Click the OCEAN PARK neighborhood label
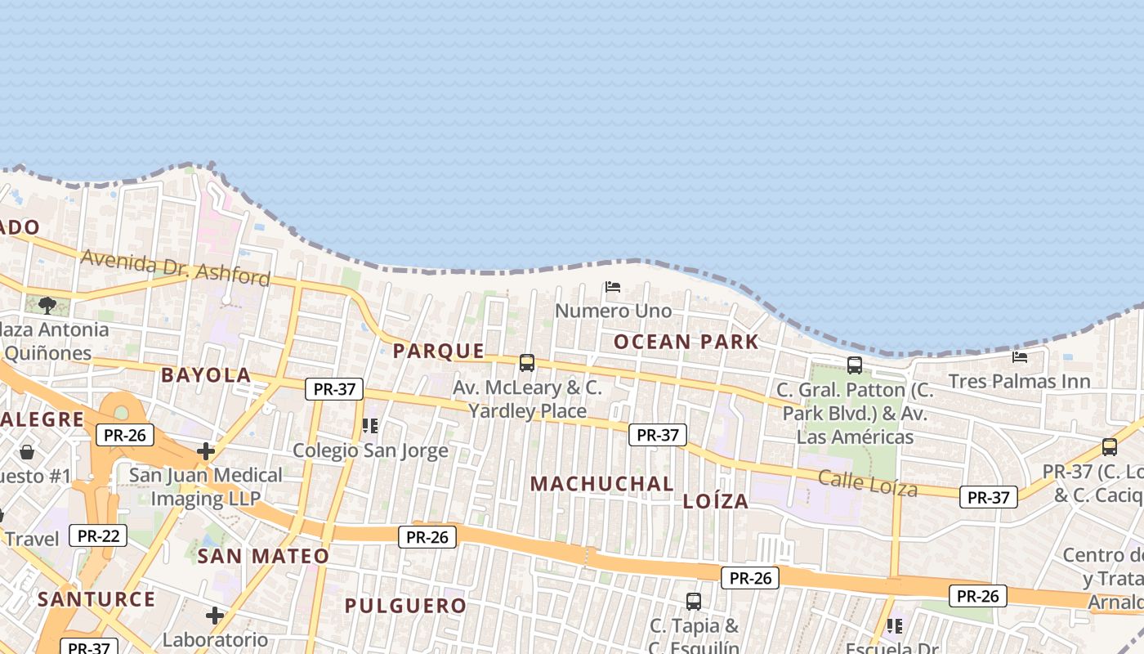(686, 342)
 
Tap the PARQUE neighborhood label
(439, 352)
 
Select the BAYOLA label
(206, 375)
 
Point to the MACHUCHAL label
(602, 484)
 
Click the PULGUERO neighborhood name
(405, 606)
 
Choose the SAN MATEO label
(263, 557)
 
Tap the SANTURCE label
(96, 599)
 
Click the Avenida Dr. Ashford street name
(175, 267)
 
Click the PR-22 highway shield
(98, 536)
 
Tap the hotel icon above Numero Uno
(613, 287)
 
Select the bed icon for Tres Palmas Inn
(1020, 357)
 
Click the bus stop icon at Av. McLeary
(527, 362)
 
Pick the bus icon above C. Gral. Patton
(855, 365)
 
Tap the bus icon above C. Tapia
(694, 602)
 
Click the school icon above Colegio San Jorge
(370, 426)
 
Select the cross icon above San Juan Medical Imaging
(206, 451)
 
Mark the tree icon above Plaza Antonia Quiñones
(47, 306)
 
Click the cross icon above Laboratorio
(215, 615)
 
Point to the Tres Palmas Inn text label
(1019, 382)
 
